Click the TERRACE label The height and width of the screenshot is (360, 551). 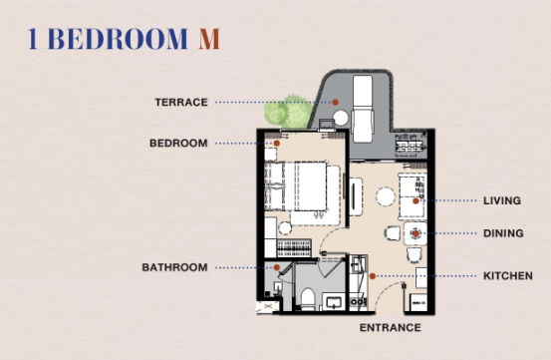(181, 103)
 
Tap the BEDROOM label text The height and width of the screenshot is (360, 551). (178, 144)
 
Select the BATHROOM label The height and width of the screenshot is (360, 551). (174, 267)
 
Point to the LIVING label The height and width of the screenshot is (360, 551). (502, 200)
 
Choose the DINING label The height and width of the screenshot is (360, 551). (503, 233)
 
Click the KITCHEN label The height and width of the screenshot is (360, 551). (508, 276)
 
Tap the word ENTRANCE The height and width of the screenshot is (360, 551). (390, 328)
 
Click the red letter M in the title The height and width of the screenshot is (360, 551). (209, 39)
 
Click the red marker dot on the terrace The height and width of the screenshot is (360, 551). (335, 102)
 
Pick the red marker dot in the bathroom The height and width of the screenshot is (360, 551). (277, 267)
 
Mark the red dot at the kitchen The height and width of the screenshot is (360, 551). (372, 276)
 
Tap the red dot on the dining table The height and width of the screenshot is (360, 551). (415, 233)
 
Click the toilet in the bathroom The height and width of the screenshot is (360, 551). (308, 299)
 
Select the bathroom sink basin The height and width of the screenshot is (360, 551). (333, 302)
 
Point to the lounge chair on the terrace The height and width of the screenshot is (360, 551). (363, 109)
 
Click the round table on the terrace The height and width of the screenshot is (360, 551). (340, 118)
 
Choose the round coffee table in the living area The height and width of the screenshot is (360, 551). (386, 196)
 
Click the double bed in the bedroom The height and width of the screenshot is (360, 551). (302, 186)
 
